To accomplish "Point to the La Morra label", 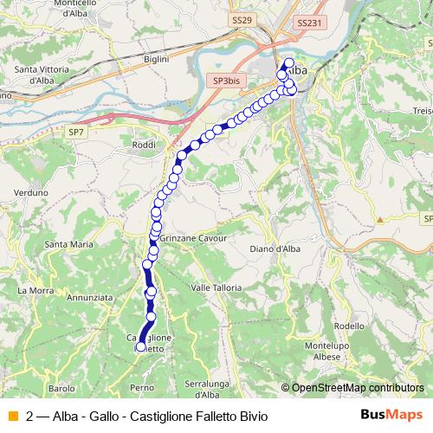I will (x=36, y=290).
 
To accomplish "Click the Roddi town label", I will (x=145, y=145).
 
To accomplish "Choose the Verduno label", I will (x=29, y=193).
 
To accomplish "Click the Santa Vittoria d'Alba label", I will (x=42, y=74).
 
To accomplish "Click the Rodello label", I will (x=349, y=326).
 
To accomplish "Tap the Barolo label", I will (x=61, y=389).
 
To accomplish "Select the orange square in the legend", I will (x=11, y=416).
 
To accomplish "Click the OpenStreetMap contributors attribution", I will (x=356, y=388).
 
